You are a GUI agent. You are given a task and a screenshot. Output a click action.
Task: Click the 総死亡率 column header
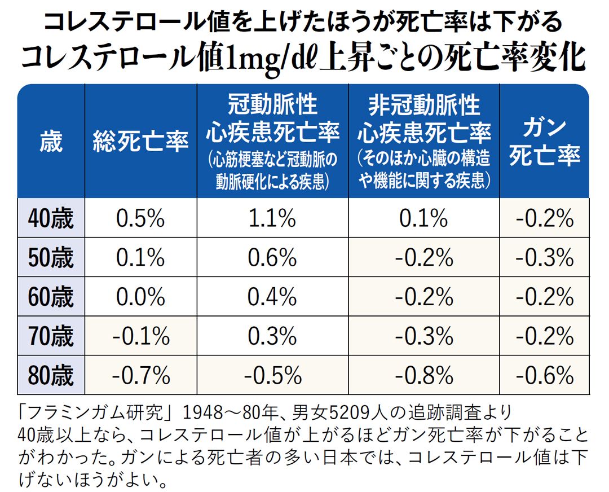(141, 141)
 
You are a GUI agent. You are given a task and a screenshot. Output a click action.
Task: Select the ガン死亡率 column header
(545, 141)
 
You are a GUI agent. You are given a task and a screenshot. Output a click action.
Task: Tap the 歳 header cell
(51, 141)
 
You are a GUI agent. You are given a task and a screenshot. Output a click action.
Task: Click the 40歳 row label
(51, 218)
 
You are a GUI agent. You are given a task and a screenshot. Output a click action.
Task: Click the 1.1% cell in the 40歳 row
(272, 218)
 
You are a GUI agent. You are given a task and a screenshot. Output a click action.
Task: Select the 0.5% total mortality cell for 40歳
(140, 218)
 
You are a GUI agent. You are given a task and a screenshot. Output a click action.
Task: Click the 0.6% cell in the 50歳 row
(272, 258)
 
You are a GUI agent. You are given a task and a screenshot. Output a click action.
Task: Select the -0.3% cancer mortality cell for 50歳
(545, 258)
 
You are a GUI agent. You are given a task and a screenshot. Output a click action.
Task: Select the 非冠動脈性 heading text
(424, 104)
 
